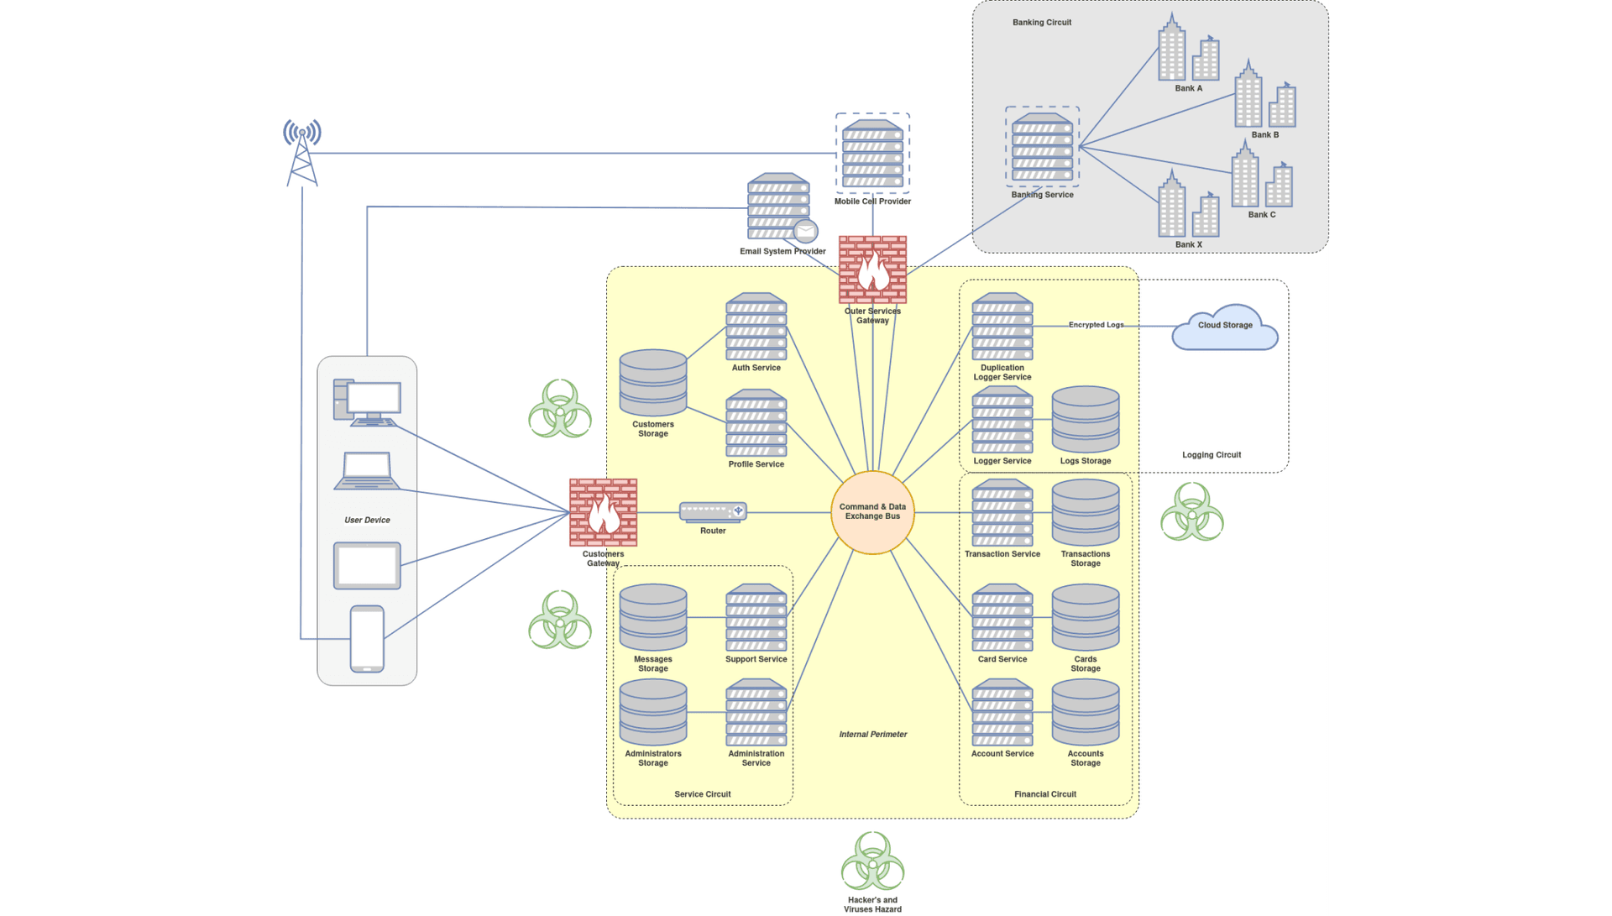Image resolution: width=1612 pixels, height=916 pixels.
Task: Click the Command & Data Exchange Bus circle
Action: tap(872, 512)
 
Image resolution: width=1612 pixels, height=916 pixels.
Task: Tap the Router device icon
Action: tap(713, 511)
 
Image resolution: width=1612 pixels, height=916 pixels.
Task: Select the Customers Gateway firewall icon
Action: tap(603, 512)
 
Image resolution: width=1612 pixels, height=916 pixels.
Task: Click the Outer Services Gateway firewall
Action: tap(872, 270)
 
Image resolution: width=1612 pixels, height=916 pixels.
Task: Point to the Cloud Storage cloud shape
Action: tap(1225, 327)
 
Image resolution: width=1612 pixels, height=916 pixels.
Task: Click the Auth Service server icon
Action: tap(756, 327)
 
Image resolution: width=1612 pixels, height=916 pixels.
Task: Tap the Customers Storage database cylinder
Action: tap(653, 383)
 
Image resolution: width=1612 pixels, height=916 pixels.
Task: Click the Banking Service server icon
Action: tap(1042, 148)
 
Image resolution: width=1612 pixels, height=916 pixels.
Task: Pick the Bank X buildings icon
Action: tap(1188, 206)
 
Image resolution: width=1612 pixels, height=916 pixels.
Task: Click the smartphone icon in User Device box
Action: tap(367, 639)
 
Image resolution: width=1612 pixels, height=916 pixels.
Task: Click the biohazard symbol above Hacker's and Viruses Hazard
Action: tap(872, 861)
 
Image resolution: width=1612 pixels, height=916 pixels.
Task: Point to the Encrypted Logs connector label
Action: tap(1096, 325)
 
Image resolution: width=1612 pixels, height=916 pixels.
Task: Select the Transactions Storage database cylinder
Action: tap(1086, 513)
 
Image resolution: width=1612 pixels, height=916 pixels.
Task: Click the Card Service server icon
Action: tap(1002, 619)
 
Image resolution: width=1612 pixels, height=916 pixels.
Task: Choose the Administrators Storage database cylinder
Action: tap(653, 713)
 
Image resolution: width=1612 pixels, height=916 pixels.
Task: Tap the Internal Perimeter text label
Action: tap(873, 735)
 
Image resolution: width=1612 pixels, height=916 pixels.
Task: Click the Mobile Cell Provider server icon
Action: tap(872, 154)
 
